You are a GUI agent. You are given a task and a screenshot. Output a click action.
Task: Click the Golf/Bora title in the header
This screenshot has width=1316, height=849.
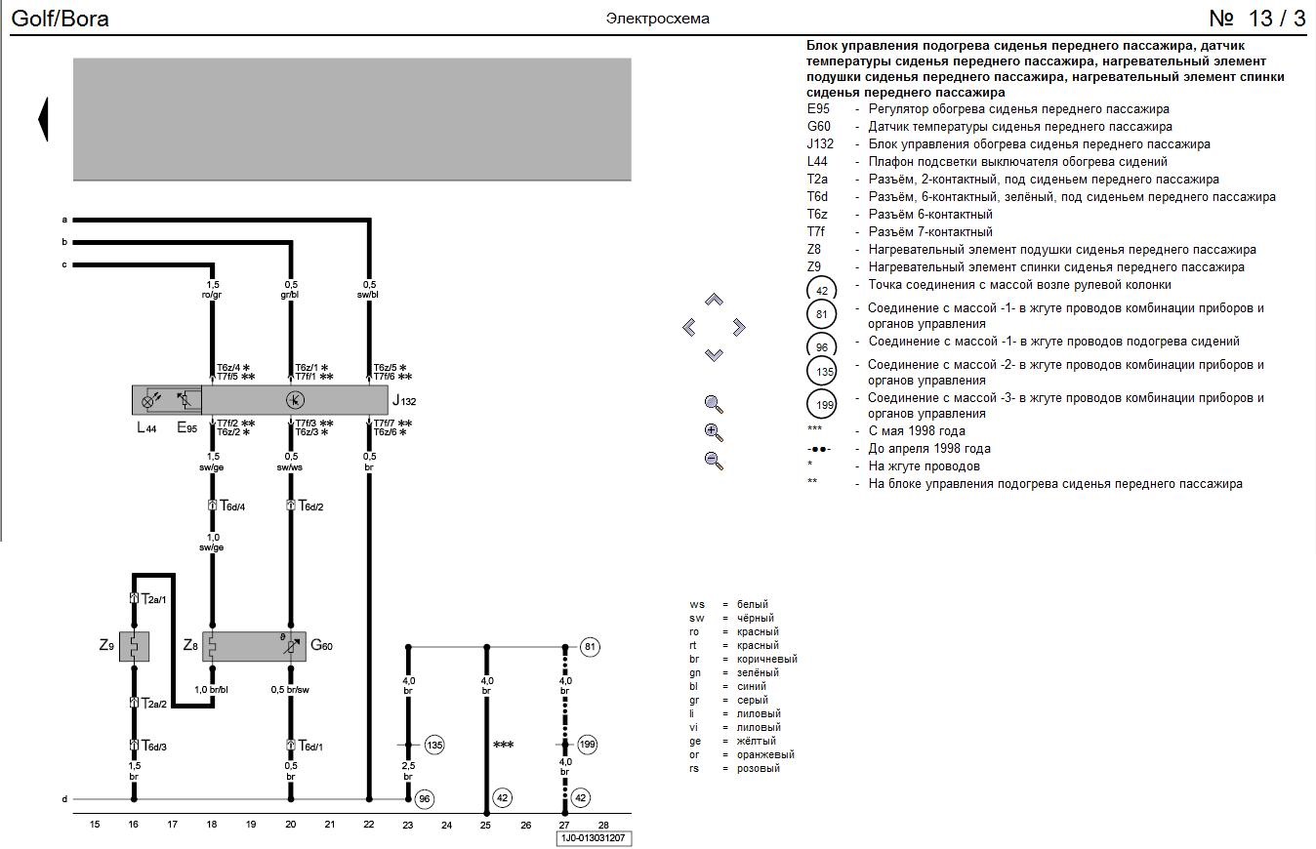click(x=61, y=19)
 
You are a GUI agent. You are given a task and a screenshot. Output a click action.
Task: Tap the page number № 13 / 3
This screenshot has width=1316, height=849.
click(x=1256, y=19)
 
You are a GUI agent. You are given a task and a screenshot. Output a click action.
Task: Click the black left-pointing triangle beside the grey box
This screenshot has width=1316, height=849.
click(x=43, y=119)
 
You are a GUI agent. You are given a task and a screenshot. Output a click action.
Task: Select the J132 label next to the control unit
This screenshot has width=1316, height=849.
click(x=404, y=401)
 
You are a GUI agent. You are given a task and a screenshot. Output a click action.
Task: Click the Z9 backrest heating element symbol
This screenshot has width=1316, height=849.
click(x=134, y=646)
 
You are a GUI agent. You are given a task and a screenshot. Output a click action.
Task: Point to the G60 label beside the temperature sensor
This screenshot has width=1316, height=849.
click(x=322, y=645)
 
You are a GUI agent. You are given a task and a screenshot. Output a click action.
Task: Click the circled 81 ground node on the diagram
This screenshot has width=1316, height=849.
click(x=589, y=646)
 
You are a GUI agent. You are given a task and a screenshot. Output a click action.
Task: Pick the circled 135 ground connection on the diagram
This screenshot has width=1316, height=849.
click(x=434, y=746)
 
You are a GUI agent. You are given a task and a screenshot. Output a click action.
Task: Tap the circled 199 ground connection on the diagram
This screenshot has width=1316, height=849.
click(x=588, y=746)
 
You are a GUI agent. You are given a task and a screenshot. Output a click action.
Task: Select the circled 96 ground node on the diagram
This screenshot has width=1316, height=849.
click(x=424, y=799)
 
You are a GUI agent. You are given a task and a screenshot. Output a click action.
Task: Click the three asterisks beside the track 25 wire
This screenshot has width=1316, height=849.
click(x=504, y=746)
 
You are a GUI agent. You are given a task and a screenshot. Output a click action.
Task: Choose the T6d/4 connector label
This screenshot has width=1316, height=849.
click(x=230, y=505)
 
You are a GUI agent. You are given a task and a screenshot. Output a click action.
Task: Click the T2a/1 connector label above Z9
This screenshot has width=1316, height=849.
click(x=154, y=598)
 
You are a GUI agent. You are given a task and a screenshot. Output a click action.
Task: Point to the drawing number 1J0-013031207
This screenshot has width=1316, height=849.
click(x=594, y=837)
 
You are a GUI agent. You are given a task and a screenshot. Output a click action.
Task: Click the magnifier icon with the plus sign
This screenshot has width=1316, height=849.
click(x=714, y=432)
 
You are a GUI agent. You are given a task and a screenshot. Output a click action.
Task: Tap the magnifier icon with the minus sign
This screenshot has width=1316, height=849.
click(x=714, y=461)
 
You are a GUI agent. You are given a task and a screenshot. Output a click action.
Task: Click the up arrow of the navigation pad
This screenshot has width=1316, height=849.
click(x=714, y=300)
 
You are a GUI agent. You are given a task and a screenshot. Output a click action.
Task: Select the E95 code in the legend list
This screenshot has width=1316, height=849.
click(x=818, y=109)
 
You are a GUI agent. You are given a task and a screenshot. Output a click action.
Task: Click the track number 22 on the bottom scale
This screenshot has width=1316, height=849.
click(x=368, y=825)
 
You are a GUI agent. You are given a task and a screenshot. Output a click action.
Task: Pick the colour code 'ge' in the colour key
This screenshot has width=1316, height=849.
click(x=696, y=741)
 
